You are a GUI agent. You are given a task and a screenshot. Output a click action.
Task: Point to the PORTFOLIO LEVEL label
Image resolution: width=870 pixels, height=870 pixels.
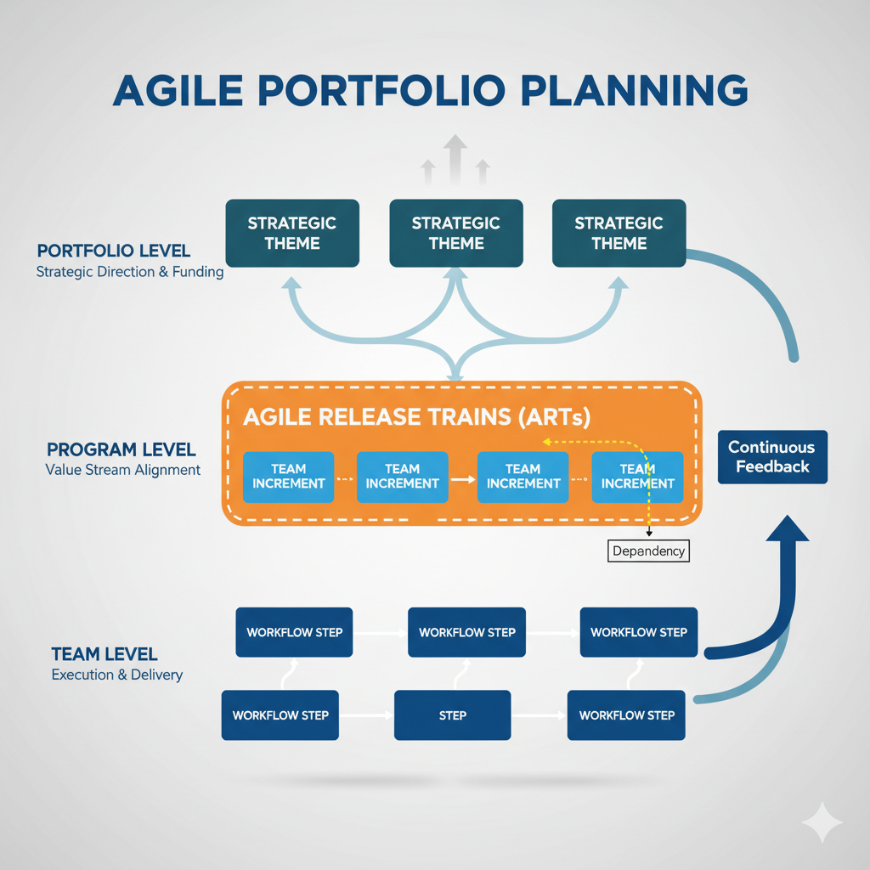[x=114, y=251]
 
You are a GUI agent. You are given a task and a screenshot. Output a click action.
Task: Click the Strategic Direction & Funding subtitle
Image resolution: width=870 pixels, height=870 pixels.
[x=129, y=273]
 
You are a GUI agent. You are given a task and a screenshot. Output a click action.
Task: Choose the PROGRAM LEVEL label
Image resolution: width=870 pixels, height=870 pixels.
[x=121, y=449]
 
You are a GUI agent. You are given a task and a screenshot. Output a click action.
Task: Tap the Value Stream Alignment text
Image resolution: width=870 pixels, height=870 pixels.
[x=122, y=470]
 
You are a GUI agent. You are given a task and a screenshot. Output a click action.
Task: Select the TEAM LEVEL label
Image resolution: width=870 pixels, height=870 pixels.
[x=104, y=654]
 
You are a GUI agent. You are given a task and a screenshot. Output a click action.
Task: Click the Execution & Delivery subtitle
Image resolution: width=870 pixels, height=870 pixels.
[x=116, y=675]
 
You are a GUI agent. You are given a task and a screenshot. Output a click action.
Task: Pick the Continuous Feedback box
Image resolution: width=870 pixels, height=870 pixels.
[x=772, y=457]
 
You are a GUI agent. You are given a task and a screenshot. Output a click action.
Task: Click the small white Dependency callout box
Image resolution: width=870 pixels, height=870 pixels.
[x=649, y=551]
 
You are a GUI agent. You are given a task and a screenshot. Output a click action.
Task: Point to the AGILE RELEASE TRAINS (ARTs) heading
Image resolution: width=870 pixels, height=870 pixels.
[x=416, y=417]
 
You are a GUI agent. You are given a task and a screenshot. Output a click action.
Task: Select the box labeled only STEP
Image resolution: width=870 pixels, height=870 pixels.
[x=452, y=715]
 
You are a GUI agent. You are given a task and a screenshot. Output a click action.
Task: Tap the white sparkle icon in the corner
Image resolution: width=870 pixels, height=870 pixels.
[x=822, y=822]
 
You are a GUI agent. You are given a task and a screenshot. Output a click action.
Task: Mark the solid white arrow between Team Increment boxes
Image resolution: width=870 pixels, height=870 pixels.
[x=462, y=479]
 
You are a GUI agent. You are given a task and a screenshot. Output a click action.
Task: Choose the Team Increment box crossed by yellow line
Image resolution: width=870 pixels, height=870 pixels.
[x=637, y=476]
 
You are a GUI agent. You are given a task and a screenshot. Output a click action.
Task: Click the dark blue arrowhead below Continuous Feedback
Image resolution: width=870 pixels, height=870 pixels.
[x=788, y=531]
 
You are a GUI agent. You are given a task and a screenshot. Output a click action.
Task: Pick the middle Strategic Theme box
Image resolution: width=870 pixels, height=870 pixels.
[x=455, y=233]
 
